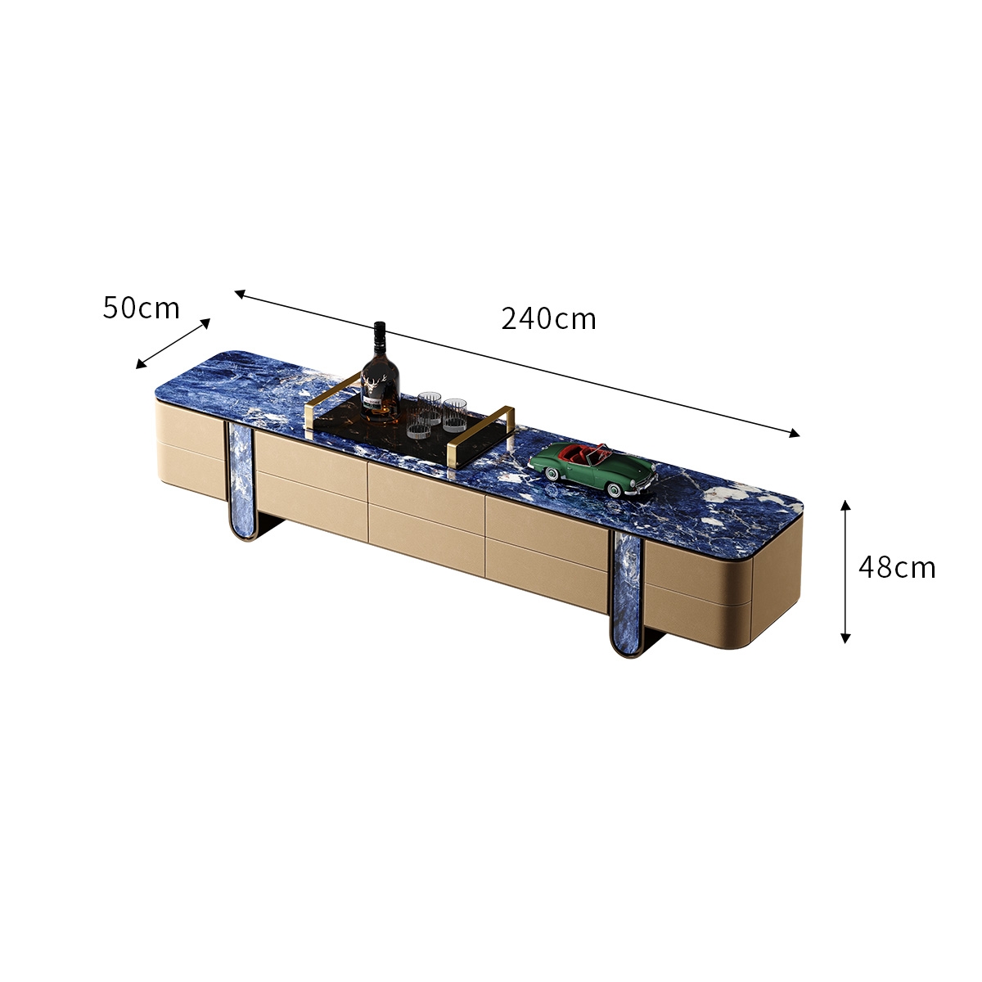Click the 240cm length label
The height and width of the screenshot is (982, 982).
coord(548,319)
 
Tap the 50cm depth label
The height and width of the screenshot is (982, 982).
coord(141,308)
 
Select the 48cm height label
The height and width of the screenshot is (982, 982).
coord(897,567)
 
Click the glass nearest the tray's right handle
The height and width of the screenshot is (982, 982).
coord(454,416)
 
